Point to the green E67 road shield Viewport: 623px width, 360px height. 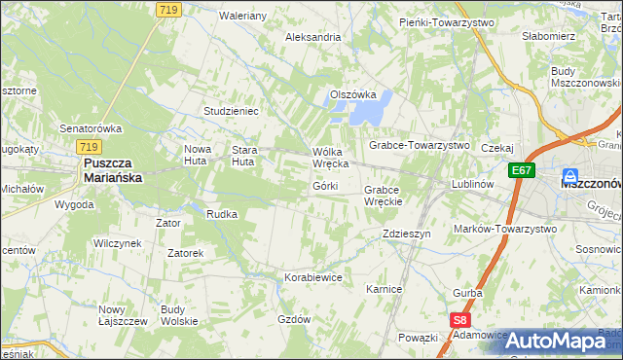coord(522,169)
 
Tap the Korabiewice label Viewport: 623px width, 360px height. coord(313,277)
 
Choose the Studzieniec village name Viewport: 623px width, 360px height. coord(231,111)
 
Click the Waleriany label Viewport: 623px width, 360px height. coord(243,17)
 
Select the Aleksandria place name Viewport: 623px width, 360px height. coord(312,37)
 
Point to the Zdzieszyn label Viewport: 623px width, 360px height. coord(407,234)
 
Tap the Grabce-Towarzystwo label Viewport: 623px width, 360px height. coord(419,145)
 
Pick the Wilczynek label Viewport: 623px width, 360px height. coord(117,243)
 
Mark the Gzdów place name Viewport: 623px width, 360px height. coord(294,319)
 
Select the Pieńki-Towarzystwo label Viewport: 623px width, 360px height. coord(447,21)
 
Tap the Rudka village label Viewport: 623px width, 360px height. coord(222,214)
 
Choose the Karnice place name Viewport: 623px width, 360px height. coord(384,290)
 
